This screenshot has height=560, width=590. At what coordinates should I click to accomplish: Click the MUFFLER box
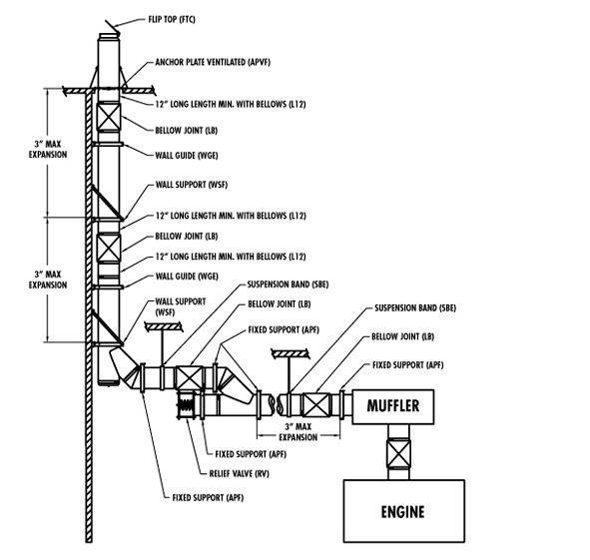[392, 407]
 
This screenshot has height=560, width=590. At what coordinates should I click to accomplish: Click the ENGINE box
[403, 511]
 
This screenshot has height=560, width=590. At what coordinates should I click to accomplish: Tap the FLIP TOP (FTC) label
[172, 19]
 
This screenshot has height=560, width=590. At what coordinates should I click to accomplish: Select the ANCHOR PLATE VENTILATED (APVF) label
[213, 62]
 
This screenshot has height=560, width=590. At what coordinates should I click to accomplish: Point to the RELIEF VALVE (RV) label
[240, 473]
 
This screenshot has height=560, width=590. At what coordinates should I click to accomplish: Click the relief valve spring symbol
[186, 405]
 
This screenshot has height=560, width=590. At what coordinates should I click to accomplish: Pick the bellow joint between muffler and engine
[398, 453]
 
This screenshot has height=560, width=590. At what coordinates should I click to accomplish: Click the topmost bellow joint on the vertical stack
[109, 117]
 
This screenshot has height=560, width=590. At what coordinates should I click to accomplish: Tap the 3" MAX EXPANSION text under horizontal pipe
[298, 432]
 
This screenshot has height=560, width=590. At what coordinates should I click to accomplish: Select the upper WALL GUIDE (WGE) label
[187, 156]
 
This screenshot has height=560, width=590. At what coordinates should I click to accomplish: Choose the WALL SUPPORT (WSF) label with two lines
[181, 306]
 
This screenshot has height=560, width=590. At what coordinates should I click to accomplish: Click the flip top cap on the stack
[113, 27]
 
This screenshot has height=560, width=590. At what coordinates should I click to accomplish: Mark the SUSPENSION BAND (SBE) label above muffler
[415, 307]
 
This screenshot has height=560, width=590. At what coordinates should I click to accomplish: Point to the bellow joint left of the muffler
[316, 404]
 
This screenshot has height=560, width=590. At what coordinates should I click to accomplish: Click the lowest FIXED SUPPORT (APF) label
[208, 497]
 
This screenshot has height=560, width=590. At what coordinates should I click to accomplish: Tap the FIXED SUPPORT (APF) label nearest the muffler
[408, 365]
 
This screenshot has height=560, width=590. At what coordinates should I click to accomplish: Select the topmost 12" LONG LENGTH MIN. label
[231, 104]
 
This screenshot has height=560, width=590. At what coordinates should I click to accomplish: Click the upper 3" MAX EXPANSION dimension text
[48, 149]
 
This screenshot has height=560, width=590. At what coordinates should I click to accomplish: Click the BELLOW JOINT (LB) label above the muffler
[402, 336]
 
